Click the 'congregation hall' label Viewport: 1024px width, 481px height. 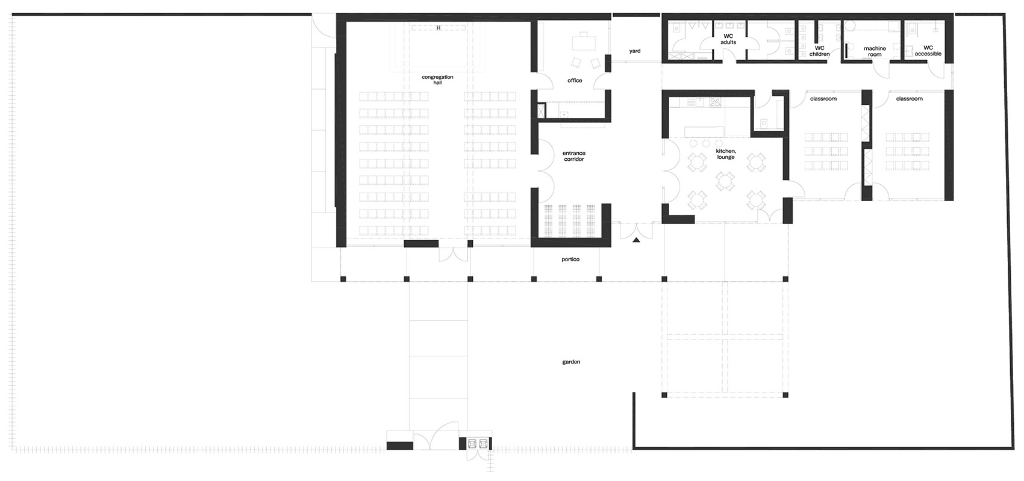[437, 80]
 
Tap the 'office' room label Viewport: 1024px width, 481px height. [575, 81]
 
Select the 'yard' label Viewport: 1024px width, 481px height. [634, 51]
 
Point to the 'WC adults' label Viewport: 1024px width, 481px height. [728, 39]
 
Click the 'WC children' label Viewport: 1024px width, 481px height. [819, 51]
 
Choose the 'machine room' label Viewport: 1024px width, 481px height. [875, 51]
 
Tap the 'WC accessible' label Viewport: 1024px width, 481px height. [928, 51]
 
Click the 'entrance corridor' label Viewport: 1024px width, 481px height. [573, 157]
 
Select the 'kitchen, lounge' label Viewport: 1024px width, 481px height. [725, 154]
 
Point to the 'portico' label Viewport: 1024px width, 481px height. [570, 259]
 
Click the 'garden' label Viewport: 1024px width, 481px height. [571, 362]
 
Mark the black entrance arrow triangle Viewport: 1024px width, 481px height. [636, 240]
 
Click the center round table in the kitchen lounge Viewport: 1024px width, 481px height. [725, 181]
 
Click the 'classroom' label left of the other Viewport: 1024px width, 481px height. [823, 99]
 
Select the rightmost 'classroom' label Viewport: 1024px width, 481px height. [909, 99]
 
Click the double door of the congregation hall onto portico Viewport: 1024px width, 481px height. [454, 255]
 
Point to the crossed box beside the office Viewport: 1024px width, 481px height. [542, 111]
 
